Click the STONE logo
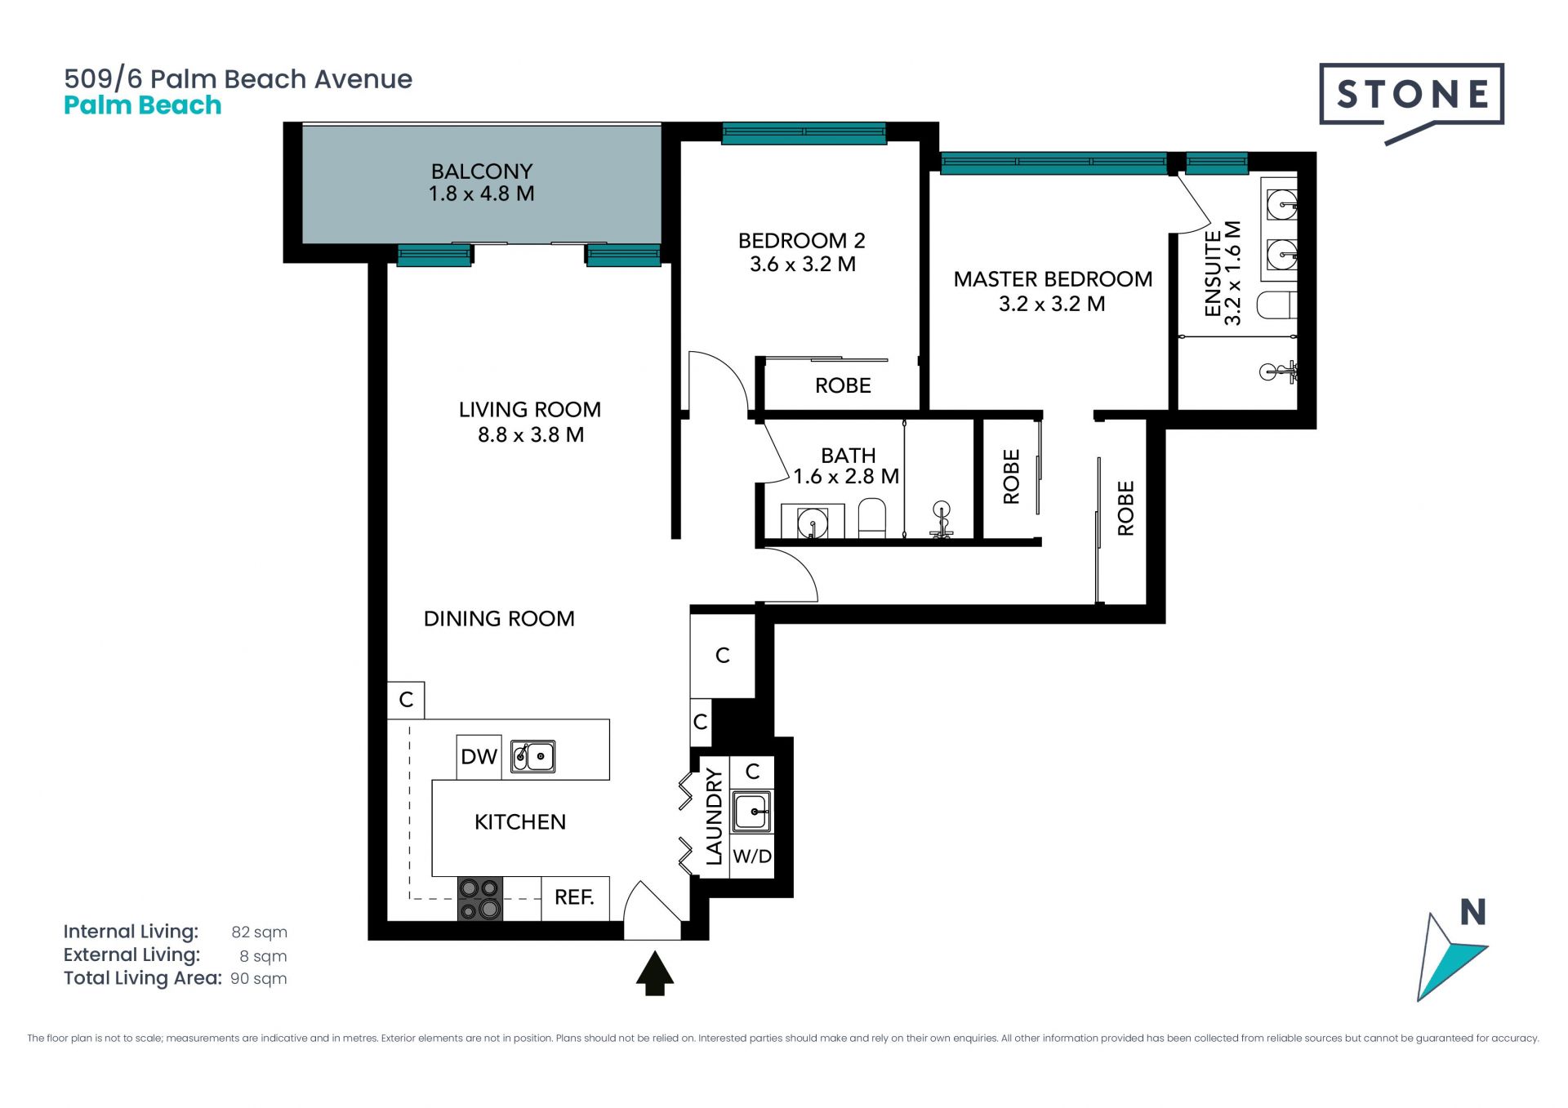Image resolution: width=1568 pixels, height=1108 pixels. [x=1411, y=96]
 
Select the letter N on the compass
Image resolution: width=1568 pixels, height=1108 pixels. [x=1472, y=912]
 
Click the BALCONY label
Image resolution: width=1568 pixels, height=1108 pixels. [x=482, y=171]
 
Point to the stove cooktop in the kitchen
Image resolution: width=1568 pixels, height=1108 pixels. [x=479, y=899]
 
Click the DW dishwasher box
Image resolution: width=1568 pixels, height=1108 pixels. [x=479, y=757]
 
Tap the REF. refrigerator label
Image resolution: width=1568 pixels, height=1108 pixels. [x=574, y=897]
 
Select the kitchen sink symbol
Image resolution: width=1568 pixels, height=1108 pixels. [x=532, y=757]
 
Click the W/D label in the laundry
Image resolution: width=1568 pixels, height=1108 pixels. [x=752, y=857]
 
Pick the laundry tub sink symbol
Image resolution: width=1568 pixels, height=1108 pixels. [x=751, y=812]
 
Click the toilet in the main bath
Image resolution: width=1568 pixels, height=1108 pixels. [x=872, y=519]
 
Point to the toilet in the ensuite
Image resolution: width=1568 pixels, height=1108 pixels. [x=1276, y=305]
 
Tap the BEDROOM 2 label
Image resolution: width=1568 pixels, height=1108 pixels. [x=801, y=241]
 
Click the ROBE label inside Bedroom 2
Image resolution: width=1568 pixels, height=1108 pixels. [x=843, y=385]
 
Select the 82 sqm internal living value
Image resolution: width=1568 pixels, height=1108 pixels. [x=259, y=932]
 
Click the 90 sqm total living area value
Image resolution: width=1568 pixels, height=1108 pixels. [x=259, y=979]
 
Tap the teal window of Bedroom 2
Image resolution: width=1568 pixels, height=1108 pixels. [x=804, y=133]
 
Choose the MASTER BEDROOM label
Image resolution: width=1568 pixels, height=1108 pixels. [x=1053, y=279]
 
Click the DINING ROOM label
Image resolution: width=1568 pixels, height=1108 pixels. [x=499, y=619]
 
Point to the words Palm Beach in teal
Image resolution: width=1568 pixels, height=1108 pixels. [x=143, y=105]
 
